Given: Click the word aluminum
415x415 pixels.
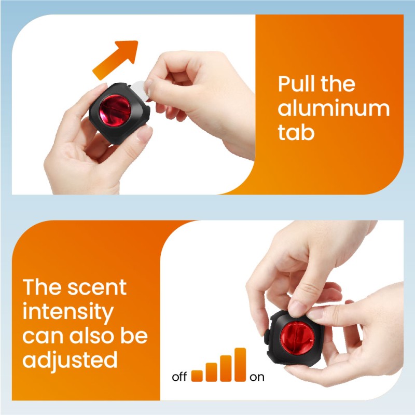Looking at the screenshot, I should pyautogui.click(x=333, y=108).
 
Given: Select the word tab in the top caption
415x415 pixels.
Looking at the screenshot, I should pyautogui.click(x=296, y=133).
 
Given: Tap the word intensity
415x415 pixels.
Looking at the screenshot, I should pyautogui.click(x=68, y=312).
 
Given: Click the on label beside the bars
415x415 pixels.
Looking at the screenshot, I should pyautogui.click(x=257, y=377).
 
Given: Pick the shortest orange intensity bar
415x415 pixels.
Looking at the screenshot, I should pyautogui.click(x=197, y=376).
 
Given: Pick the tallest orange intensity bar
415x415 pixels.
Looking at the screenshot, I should pyautogui.click(x=240, y=364).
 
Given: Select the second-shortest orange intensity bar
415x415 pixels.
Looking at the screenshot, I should pyautogui.click(x=211, y=371).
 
